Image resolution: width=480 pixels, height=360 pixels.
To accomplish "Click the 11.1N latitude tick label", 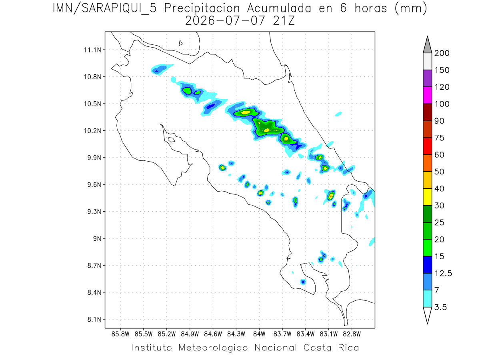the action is click(x=92, y=50).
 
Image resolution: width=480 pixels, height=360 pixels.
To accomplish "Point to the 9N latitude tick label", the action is click(x=97, y=238).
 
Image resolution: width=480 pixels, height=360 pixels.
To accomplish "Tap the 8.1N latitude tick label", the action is click(x=94, y=319).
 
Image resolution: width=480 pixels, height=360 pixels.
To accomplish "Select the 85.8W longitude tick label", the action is click(x=120, y=334).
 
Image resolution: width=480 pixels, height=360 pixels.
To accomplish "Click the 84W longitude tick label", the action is click(x=259, y=334).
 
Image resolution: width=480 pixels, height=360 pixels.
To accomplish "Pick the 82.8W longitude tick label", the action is click(x=352, y=334).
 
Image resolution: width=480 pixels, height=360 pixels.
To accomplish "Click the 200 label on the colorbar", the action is click(x=442, y=53).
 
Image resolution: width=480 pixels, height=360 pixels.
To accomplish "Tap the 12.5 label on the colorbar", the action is click(x=443, y=274).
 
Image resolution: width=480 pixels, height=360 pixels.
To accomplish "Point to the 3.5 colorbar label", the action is click(x=440, y=307).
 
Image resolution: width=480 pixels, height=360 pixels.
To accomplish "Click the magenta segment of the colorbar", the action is click(x=427, y=95).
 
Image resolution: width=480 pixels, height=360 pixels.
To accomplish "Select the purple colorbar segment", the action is click(x=427, y=78).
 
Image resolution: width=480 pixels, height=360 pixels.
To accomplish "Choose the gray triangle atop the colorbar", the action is click(x=427, y=44).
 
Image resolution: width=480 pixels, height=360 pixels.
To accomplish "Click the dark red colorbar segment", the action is click(x=427, y=112).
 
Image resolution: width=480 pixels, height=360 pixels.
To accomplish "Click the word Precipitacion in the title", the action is click(x=202, y=9).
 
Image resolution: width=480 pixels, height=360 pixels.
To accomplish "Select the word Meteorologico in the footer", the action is click(x=213, y=348).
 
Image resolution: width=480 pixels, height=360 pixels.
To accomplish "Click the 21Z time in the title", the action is click(x=284, y=21).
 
